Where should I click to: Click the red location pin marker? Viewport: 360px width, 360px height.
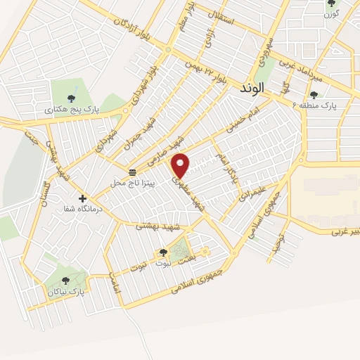pyautogui.click(x=181, y=165)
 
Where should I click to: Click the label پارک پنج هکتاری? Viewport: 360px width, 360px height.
pyautogui.click(x=72, y=110)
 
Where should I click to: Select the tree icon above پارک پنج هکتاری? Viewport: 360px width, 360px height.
pyautogui.click(x=71, y=98)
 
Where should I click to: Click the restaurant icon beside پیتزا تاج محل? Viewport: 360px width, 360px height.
pyautogui.click(x=132, y=172)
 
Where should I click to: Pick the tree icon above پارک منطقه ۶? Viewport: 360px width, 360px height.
pyautogui.click(x=314, y=94)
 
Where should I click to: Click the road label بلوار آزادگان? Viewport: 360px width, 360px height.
pyautogui.click(x=136, y=26)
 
